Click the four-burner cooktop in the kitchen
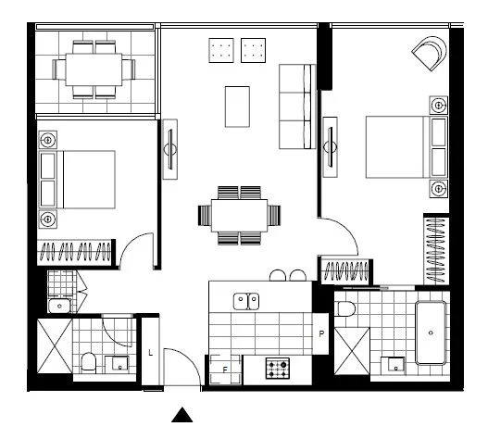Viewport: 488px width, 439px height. [x=278, y=368]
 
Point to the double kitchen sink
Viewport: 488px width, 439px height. [x=245, y=299]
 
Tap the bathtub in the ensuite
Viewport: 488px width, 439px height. [x=432, y=332]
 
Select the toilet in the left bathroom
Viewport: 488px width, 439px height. [x=89, y=361]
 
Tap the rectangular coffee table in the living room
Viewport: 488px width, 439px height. [x=238, y=106]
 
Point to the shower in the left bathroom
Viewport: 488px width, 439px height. [x=53, y=345]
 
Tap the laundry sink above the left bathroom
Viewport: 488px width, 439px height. [x=58, y=304]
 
